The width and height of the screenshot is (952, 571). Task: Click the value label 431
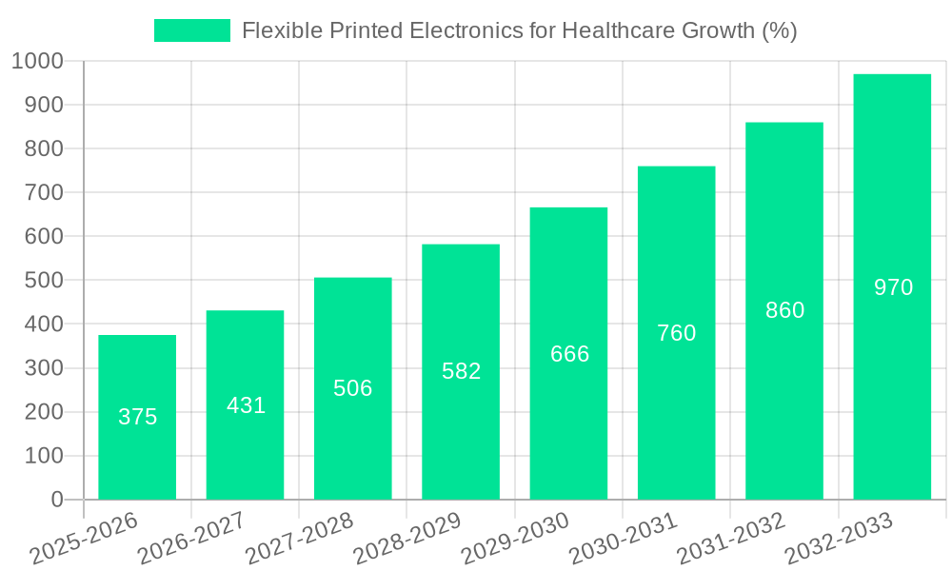point(246,405)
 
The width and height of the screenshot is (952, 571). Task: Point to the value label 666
point(569,354)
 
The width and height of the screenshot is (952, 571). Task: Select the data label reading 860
point(784,310)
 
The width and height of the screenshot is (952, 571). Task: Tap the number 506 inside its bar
point(352,388)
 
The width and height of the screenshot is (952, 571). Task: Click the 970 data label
point(893,287)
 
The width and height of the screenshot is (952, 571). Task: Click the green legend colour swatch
point(192,30)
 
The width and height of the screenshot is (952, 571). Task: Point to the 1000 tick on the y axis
point(37,62)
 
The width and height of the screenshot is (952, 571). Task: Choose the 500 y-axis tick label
point(44,281)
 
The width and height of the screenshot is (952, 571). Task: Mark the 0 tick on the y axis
point(56,500)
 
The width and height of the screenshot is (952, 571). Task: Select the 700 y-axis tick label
point(44,193)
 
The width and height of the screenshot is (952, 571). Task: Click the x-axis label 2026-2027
point(190,539)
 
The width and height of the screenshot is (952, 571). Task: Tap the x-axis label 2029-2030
point(514,539)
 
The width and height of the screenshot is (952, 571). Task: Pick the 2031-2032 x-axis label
point(730,539)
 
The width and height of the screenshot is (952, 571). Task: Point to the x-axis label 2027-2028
point(298,539)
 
